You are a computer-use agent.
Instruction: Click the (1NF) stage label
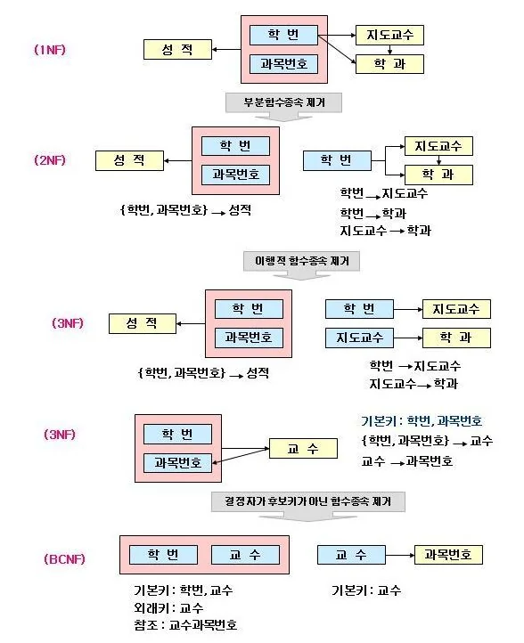coord(50,50)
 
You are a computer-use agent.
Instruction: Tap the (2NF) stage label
coord(50,160)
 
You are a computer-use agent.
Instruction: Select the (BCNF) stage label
coord(64,559)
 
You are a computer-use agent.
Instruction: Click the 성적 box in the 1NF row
coord(177,50)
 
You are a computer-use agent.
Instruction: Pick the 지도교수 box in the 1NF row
coord(389,35)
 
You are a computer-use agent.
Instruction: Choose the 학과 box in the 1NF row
coord(389,64)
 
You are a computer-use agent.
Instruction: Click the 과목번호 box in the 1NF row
coord(283,64)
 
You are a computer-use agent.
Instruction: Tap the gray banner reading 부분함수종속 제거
coord(283,102)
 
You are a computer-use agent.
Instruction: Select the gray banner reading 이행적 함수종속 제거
coord(301,261)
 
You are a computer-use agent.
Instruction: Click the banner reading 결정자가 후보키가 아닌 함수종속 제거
coord(307,501)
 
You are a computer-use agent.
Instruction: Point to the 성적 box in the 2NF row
coord(129,160)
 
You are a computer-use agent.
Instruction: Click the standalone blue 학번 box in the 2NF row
coord(337,160)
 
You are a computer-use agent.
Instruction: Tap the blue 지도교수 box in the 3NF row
coord(359,338)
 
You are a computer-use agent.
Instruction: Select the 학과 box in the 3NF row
coord(456,338)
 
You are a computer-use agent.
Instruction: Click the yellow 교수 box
coord(303,449)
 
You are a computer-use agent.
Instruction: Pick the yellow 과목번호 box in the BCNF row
coord(448,555)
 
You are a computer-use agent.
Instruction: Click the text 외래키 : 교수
coord(168,607)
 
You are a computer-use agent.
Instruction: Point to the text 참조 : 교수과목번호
coord(185,625)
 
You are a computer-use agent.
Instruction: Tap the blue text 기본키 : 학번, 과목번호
coord(422,421)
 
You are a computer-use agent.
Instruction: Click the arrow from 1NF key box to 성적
coord(226,50)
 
